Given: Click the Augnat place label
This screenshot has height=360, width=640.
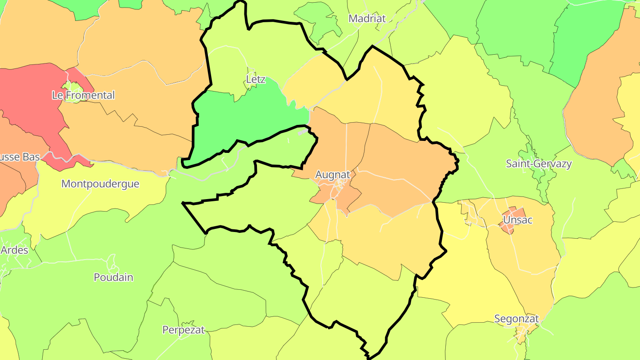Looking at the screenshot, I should coord(332,175).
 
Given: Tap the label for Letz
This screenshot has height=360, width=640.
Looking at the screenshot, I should coord(256,80).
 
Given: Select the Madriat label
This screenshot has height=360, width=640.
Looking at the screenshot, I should coord(367,18).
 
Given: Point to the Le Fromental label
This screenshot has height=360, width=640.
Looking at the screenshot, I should coord(83,95).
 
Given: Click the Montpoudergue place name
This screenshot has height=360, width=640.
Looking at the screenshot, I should coord(100,184).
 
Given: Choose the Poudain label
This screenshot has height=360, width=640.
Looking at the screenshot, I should coord(113,277).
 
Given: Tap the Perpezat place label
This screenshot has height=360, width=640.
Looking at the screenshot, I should coord(183,330).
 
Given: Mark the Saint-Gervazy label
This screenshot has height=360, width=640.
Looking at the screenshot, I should coord(539,164).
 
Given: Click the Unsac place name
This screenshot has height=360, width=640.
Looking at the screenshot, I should coord(517,220).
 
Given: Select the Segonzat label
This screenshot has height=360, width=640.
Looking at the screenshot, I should coord(516,319).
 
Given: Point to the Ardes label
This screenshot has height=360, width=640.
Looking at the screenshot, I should coord(14,250).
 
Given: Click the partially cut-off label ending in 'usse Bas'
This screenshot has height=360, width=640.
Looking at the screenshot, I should coord(20,157).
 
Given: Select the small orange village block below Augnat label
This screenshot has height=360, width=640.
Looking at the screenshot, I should coord(342,196).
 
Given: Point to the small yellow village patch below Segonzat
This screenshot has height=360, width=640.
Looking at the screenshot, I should coord(529,329).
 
